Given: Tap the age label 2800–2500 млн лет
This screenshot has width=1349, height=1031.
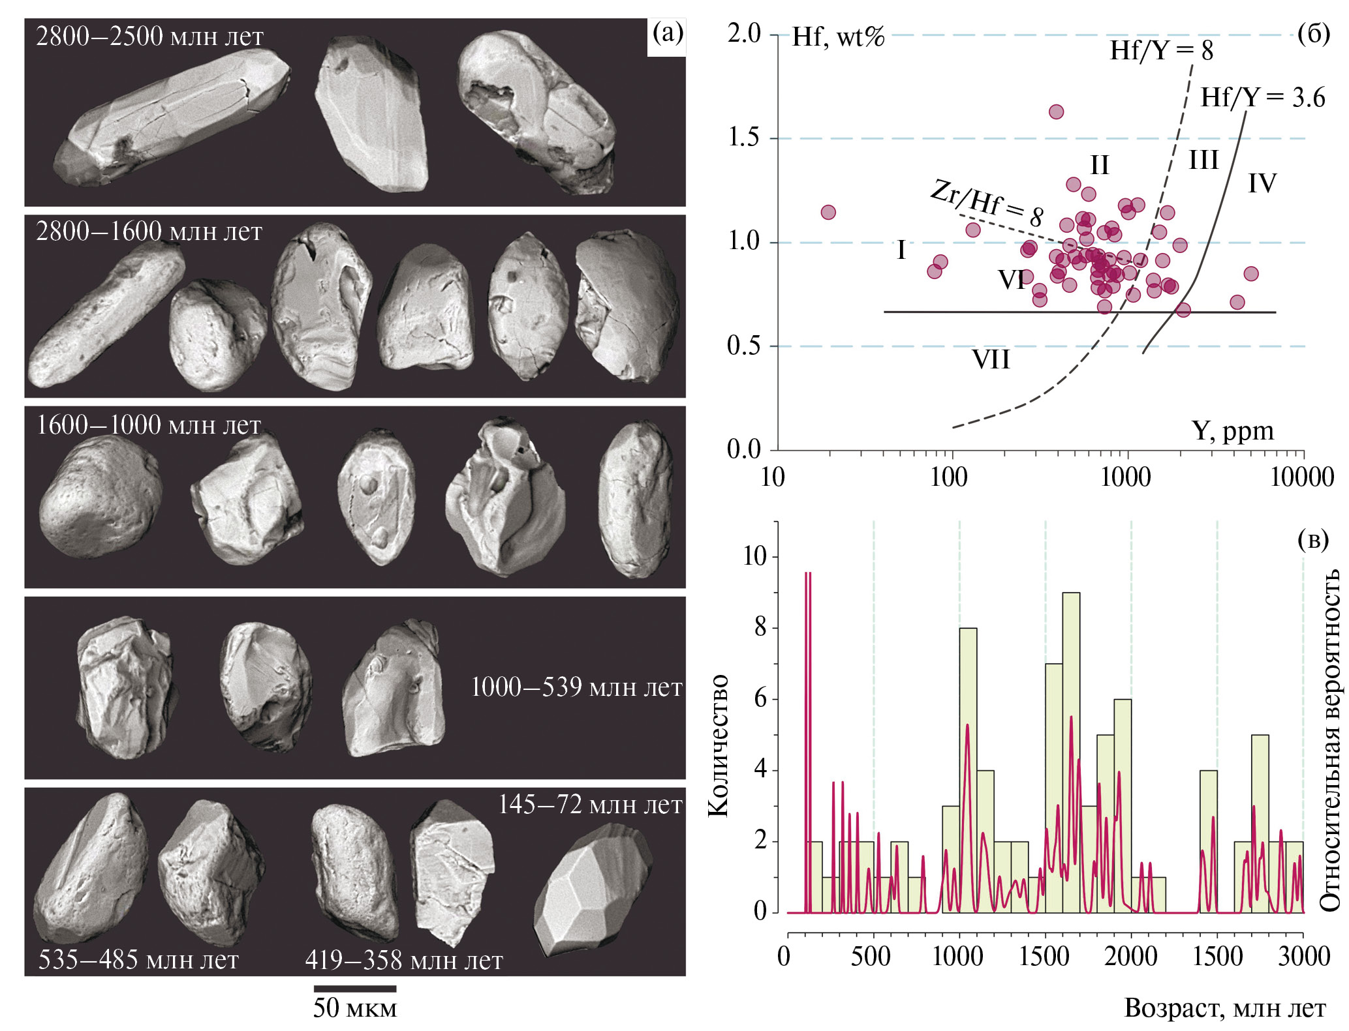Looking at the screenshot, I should [x=149, y=37].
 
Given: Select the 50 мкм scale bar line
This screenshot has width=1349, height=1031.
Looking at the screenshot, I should [x=355, y=988].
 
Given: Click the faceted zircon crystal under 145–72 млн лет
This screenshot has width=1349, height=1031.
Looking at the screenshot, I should [x=592, y=888].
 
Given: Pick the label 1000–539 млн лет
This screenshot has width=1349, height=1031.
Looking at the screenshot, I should [x=576, y=687].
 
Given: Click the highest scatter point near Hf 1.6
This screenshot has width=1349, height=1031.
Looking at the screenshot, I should [x=1056, y=112].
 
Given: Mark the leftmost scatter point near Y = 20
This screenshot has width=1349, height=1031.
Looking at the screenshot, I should [x=828, y=213].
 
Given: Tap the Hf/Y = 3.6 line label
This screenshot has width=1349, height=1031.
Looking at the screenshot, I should [x=1262, y=98].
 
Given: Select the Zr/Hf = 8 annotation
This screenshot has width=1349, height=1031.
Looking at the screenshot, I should [x=986, y=203].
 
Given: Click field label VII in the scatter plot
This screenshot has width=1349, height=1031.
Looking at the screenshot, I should [x=991, y=360].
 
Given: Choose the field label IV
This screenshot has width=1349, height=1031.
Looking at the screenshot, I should [x=1262, y=183].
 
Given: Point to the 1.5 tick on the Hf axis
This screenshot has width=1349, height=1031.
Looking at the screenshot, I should [x=745, y=138].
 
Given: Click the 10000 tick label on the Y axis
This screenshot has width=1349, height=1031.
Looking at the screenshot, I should [x=1301, y=478].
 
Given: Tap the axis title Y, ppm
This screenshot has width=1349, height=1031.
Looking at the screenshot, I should [x=1232, y=431].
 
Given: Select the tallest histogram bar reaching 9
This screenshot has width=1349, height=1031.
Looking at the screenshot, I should [x=1071, y=750].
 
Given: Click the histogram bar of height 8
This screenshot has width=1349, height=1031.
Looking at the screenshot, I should [x=968, y=770].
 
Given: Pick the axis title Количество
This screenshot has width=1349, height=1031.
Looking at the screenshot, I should [x=718, y=744].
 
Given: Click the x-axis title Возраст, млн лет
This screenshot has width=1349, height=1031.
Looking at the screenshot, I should [x=1224, y=1008].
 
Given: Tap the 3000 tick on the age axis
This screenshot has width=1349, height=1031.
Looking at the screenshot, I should [x=1303, y=957].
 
